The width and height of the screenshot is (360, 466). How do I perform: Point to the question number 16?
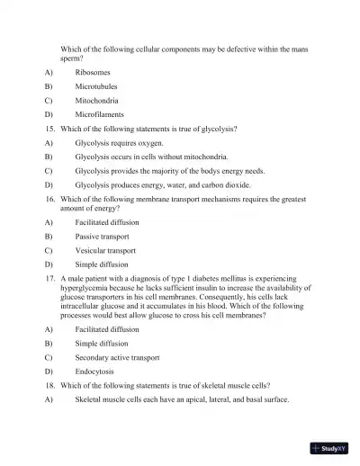click(49, 198)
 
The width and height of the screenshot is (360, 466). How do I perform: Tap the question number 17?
click(49, 280)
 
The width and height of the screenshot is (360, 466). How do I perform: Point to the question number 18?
click(49, 385)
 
